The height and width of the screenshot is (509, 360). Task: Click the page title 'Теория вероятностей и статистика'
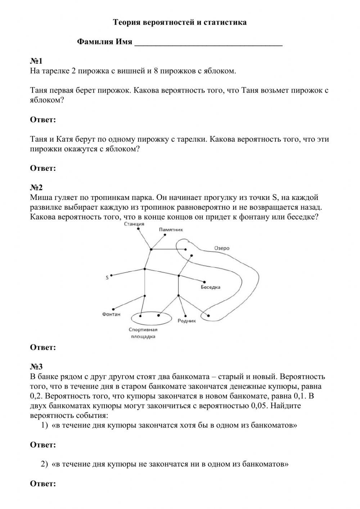180,22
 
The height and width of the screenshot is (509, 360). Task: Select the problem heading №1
36,61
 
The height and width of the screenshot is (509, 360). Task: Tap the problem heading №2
36,187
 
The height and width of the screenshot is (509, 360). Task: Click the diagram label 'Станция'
134,224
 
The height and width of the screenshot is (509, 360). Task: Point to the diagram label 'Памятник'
171,229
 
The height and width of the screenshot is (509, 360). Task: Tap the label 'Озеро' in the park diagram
222,248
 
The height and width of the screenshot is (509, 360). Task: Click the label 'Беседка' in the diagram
211,287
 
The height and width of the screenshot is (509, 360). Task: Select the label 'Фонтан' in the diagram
111,314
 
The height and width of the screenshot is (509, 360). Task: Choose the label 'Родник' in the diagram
187,321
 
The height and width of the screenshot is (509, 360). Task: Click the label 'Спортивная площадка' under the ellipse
143,333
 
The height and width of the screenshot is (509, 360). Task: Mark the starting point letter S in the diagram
107,278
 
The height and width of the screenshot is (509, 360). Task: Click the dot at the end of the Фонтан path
113,309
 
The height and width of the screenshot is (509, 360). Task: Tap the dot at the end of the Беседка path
205,282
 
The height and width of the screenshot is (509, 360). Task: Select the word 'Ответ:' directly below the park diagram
43,348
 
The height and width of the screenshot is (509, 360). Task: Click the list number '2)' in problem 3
44,464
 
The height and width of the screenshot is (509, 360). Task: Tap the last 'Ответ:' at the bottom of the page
43,483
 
